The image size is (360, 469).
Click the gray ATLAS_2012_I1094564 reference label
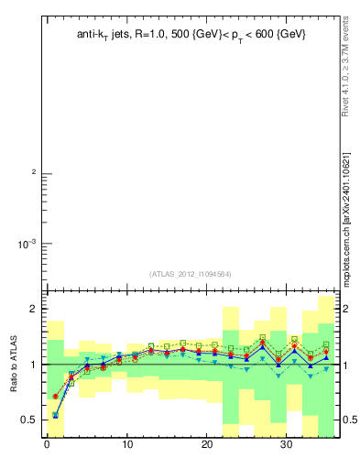coord(191,274)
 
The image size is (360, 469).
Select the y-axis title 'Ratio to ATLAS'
coord(14,364)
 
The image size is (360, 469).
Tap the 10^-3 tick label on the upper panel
coord(25,244)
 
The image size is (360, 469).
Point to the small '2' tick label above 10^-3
coord(34,173)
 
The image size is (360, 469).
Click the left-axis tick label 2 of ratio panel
coord(34,310)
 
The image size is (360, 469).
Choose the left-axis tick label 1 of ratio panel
coord(34,365)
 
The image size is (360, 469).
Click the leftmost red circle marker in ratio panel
coord(55,397)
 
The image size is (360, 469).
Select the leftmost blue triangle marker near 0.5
coord(55,415)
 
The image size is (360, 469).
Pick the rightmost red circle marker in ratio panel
coord(326,352)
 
